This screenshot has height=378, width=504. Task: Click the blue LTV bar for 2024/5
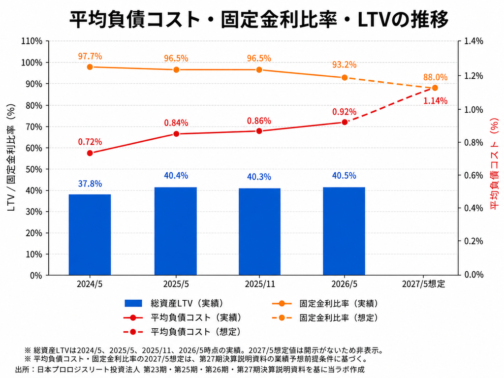[90, 235]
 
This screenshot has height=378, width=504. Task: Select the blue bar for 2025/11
[259, 232]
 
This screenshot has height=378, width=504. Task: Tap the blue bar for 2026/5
[344, 231]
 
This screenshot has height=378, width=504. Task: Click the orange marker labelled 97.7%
[90, 67]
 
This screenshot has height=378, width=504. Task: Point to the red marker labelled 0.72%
[90, 154]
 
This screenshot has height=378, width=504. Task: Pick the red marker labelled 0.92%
[345, 122]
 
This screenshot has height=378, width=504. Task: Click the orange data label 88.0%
[435, 77]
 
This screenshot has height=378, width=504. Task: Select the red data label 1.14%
[435, 101]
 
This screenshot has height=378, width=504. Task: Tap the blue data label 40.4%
[176, 176]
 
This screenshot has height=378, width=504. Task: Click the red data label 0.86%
[259, 121]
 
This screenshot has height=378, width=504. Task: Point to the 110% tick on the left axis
[31, 41]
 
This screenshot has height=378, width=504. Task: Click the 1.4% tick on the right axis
[474, 41]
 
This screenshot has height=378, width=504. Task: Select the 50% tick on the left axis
[34, 169]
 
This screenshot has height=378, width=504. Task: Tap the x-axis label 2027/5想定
[423, 284]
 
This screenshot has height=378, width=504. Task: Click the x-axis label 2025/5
[176, 284]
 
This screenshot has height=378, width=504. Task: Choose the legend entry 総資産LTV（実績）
[174, 303]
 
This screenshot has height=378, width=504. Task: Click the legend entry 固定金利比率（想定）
[325, 317]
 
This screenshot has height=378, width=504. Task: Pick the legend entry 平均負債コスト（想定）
[182, 332]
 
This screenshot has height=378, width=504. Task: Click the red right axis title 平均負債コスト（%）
[494, 164]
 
